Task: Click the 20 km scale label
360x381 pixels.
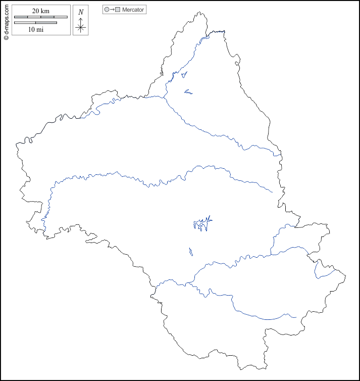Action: tap(40, 11)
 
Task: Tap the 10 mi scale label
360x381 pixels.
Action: tap(35, 30)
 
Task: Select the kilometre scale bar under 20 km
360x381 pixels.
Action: tap(40, 17)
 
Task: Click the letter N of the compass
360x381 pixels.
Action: tap(81, 12)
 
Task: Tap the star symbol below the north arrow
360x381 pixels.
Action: tap(81, 28)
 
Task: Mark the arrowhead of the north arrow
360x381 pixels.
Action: tap(81, 19)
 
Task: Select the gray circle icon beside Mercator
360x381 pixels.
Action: tap(107, 10)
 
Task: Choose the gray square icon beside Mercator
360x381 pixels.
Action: tap(118, 10)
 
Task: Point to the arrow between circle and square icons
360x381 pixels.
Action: tap(112, 10)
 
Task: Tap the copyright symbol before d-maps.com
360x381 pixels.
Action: tap(6, 37)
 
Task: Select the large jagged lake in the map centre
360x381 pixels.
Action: tap(202, 223)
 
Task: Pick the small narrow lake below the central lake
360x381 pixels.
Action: tap(190, 251)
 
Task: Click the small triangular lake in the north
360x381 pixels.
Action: tap(184, 75)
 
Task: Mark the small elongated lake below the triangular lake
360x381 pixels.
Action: tap(188, 92)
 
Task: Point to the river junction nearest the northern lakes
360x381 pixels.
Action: tap(164, 97)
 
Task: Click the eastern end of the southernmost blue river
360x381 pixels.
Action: tap(295, 317)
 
